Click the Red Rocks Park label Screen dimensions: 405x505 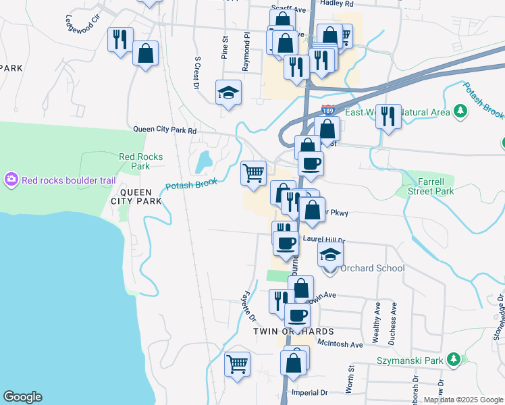click(140, 161)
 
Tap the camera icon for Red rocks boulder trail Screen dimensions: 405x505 click(11, 180)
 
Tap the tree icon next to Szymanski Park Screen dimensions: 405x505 click(455, 360)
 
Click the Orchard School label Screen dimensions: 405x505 click(372, 268)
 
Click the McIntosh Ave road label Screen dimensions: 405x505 click(341, 344)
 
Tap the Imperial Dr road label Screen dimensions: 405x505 click(309, 392)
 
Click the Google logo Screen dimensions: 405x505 click(22, 397)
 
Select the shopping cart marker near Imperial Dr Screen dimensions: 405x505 click(238, 365)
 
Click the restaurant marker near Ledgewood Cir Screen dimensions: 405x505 click(120, 39)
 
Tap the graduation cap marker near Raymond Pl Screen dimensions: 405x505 click(228, 91)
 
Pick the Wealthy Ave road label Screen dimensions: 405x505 click(377, 313)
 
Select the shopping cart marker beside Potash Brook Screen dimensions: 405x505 click(254, 173)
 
